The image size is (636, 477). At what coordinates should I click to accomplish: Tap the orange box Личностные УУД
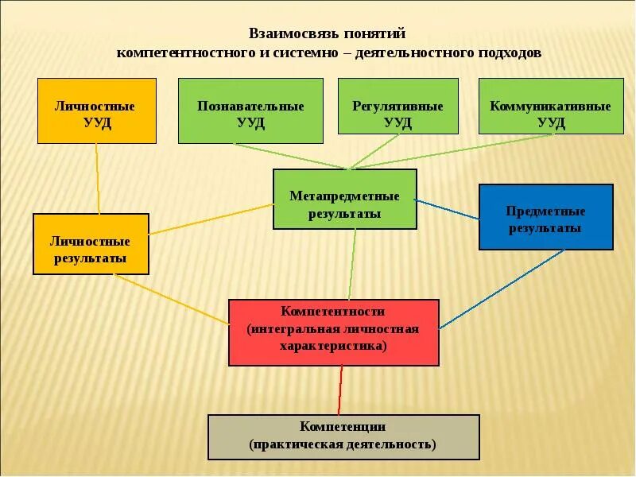97,111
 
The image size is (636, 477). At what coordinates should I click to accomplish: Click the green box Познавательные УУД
250,111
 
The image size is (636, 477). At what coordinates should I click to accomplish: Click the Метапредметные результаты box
344,199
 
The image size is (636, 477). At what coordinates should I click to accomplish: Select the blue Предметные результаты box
545,217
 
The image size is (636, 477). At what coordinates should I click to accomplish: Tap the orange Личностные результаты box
91,244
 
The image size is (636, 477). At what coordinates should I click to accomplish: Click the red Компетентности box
333,332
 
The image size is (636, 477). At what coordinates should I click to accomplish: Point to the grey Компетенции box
343,436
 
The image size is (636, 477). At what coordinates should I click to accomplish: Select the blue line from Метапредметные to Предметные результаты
448,208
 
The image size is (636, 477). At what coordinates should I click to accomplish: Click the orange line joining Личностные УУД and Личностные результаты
98,179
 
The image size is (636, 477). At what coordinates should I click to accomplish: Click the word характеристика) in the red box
333,347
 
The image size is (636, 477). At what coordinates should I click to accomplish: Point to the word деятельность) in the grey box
394,444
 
